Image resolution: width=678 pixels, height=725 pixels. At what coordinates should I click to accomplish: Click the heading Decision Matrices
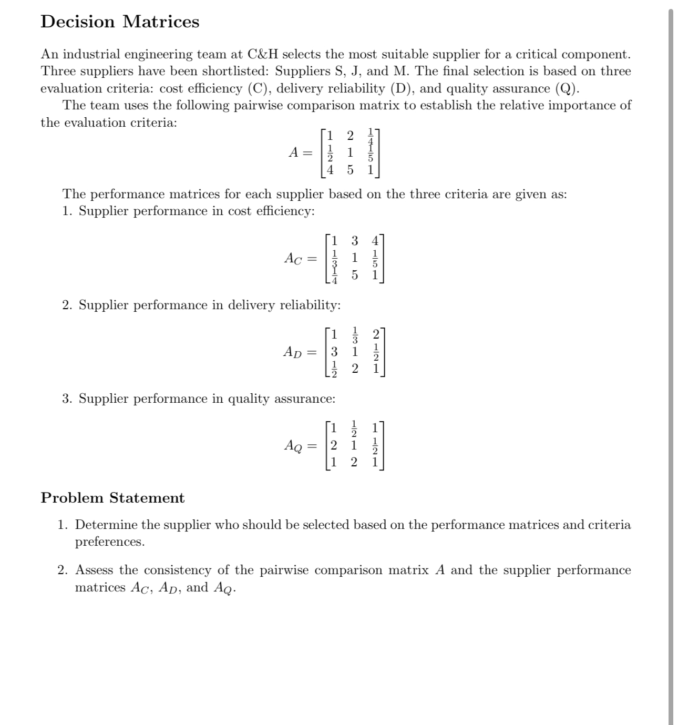(120, 22)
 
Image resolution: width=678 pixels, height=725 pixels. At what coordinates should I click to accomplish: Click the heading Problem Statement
(112, 498)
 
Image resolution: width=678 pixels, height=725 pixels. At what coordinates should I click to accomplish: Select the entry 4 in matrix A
(330, 170)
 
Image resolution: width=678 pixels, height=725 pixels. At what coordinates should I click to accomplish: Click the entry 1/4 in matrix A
(371, 136)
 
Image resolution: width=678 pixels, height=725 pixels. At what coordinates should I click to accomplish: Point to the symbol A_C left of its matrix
(293, 258)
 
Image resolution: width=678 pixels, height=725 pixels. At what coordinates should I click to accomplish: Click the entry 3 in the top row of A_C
(355, 241)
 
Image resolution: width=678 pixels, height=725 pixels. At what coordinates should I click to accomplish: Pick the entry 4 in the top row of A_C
(375, 241)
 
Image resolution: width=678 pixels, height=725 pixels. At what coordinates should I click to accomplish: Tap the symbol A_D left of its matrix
(293, 352)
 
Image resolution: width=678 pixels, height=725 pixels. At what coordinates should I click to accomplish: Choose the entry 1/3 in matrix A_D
(355, 335)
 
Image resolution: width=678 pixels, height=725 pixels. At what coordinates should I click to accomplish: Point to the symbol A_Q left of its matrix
(293, 446)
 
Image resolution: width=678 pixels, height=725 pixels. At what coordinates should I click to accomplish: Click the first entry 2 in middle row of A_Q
(334, 445)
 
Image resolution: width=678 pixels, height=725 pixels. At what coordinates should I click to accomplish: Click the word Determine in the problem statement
(106, 525)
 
